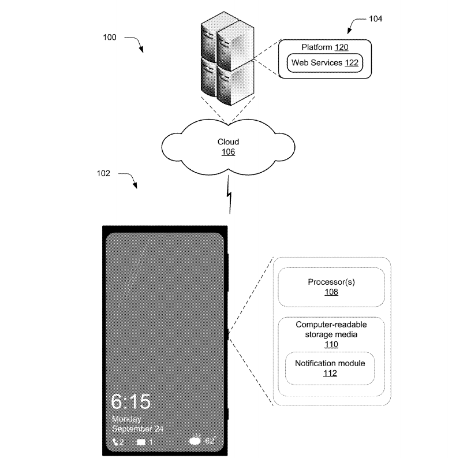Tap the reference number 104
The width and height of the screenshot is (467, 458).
point(375,18)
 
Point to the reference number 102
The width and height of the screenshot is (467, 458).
point(110,173)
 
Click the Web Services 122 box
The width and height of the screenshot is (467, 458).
point(325,62)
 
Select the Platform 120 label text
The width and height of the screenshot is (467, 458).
point(324,47)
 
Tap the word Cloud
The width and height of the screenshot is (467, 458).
point(228,142)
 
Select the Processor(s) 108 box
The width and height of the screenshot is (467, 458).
point(331,287)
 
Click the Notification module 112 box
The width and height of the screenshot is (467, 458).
point(330,368)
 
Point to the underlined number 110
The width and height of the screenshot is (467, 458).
point(331,344)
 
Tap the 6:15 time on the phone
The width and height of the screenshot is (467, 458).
point(131,401)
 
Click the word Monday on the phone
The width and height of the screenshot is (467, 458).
point(126,418)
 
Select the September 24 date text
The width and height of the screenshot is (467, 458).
point(138,429)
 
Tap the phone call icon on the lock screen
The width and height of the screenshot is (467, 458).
point(115,442)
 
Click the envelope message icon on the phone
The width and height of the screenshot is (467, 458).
point(141,442)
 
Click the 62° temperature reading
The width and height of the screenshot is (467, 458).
point(211,441)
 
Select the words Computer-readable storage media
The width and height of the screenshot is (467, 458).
point(331,329)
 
